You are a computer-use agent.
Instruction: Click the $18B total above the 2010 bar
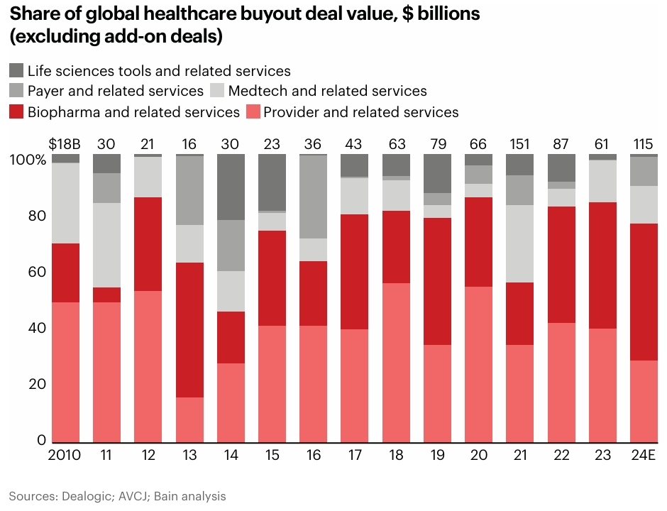tap(65, 144)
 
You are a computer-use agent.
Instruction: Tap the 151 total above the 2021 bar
tap(520, 144)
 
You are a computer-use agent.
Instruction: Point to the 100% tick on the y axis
tap(27, 160)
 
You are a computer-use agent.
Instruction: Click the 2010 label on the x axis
tap(65, 455)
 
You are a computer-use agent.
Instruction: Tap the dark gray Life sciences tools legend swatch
tap(16, 70)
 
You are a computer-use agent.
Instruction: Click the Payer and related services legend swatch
tap(16, 91)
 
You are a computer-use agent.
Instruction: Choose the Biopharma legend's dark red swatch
tap(16, 111)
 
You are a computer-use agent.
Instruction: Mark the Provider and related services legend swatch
tap(253, 111)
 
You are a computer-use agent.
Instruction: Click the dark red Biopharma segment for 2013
tap(189, 330)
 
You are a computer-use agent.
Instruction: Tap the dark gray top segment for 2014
tap(230, 187)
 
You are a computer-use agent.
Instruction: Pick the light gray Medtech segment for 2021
tap(520, 243)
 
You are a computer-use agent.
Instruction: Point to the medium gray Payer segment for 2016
tap(313, 197)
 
